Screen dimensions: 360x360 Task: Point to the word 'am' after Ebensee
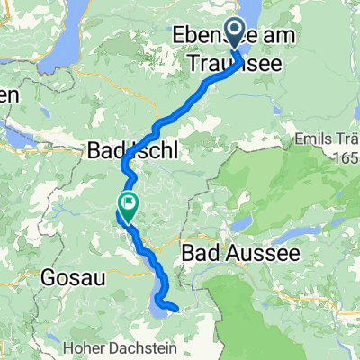[276, 40]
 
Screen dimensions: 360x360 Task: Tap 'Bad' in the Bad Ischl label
[105, 152]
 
